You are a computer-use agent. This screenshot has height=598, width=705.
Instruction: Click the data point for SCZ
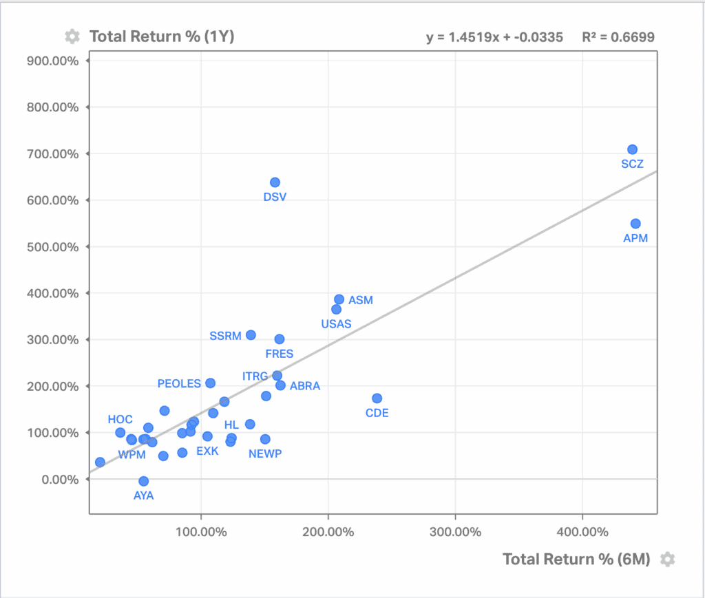(632, 149)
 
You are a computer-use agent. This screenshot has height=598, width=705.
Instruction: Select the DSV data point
(275, 182)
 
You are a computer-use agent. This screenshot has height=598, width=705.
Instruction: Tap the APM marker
(635, 224)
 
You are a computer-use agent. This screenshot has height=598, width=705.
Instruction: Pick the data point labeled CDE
(377, 398)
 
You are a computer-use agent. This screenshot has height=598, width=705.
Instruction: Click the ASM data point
(339, 299)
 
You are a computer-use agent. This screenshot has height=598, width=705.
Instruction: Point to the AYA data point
(143, 481)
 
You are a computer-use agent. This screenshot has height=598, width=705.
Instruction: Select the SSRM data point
(251, 335)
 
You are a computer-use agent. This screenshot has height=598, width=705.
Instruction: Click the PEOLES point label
(179, 384)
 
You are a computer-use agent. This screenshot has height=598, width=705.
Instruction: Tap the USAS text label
(337, 324)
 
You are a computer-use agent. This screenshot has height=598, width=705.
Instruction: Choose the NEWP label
(265, 453)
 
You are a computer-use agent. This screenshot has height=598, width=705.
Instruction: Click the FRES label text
(279, 354)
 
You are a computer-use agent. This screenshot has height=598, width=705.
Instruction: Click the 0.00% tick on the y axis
(60, 479)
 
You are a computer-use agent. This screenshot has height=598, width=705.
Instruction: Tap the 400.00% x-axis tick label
(582, 532)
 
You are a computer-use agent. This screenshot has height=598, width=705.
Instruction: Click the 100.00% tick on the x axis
(200, 532)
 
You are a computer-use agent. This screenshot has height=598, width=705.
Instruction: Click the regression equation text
(494, 37)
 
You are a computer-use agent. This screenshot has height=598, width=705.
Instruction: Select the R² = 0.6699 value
(618, 37)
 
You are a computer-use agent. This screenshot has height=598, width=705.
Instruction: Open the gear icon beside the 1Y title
(72, 36)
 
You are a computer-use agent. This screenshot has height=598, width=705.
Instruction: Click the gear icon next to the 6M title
(666, 559)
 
